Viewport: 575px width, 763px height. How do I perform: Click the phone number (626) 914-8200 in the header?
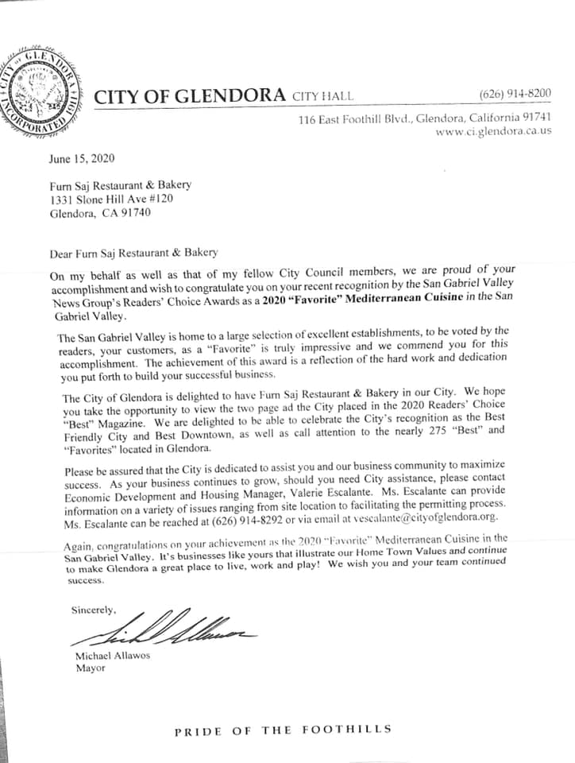click(515, 94)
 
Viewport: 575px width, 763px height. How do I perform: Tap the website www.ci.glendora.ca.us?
click(493, 131)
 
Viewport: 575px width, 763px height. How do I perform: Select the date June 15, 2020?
click(82, 158)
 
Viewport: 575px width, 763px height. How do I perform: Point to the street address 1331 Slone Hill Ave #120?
click(111, 199)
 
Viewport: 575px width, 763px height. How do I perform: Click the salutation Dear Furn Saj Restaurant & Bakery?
click(133, 253)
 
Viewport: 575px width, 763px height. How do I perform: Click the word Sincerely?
click(94, 610)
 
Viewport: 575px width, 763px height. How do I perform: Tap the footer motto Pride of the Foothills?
click(284, 730)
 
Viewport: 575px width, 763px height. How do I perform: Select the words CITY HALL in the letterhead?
click(323, 97)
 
